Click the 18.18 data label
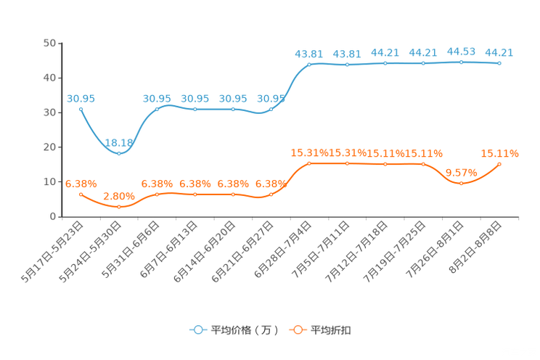tap(119, 143)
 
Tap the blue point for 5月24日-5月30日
tap(119, 154)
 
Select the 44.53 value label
tap(461, 52)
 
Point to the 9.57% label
tap(462, 173)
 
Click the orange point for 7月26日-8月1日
tap(462, 184)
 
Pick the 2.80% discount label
tap(119, 197)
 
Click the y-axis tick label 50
tap(49, 43)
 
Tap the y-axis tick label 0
tap(53, 217)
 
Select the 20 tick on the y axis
tap(49, 147)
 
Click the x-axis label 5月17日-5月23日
tap(52, 252)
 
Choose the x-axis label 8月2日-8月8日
tap(475, 247)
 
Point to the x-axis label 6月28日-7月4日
tap(283, 250)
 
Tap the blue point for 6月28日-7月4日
tap(309, 65)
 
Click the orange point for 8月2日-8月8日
tap(499, 164)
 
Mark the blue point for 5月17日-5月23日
tap(81, 110)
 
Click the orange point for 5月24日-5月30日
tap(119, 207)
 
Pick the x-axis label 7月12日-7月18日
tap(356, 252)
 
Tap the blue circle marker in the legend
tap(198, 330)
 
